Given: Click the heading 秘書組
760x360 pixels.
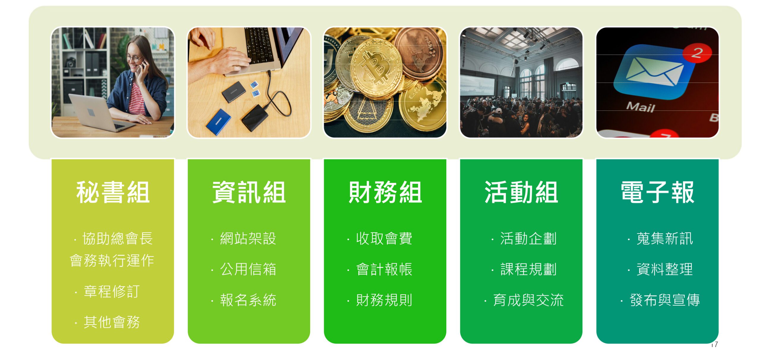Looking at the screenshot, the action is click(113, 192).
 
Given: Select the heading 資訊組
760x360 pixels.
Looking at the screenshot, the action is click(249, 192).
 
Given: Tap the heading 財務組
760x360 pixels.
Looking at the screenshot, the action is click(385, 192).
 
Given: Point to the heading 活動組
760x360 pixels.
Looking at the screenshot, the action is click(521, 192).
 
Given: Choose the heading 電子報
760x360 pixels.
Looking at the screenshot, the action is click(658, 192).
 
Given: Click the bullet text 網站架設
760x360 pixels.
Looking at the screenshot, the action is click(248, 239).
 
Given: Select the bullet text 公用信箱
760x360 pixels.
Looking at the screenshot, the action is click(248, 269).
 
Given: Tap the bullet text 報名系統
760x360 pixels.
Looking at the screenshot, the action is click(248, 300).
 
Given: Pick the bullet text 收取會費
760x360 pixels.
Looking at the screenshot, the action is click(384, 239).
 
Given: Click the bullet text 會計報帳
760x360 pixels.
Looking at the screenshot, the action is click(384, 269).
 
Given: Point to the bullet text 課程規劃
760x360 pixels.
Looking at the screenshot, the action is click(528, 269).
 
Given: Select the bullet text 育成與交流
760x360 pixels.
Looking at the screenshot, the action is click(528, 300).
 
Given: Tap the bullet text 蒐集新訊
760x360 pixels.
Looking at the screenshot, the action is click(665, 239).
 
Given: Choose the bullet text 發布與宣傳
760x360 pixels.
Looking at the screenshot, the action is click(665, 300).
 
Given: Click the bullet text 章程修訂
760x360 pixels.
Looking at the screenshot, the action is click(112, 291).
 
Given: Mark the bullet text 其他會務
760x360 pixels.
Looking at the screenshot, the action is click(112, 322).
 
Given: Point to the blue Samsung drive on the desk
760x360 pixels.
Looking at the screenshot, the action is click(219, 122).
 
